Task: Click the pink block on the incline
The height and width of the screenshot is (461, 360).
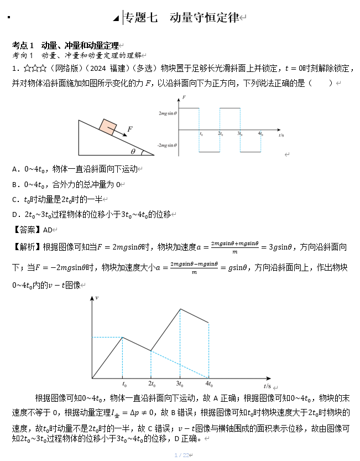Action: click(x=107, y=127)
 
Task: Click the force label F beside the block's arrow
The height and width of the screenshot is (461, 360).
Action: click(x=129, y=129)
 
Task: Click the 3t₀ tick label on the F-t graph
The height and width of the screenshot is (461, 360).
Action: click(x=241, y=134)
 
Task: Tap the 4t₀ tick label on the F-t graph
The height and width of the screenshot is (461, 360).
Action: click(x=261, y=134)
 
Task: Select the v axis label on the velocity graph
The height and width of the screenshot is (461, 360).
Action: click(x=97, y=298)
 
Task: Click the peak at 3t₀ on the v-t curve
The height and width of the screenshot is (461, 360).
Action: click(x=180, y=309)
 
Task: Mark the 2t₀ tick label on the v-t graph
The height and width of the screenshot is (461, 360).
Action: click(x=152, y=384)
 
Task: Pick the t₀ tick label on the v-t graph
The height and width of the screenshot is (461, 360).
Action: click(x=123, y=384)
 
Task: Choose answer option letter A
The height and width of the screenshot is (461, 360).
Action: click(x=15, y=169)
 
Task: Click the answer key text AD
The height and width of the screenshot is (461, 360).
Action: click(x=48, y=229)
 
